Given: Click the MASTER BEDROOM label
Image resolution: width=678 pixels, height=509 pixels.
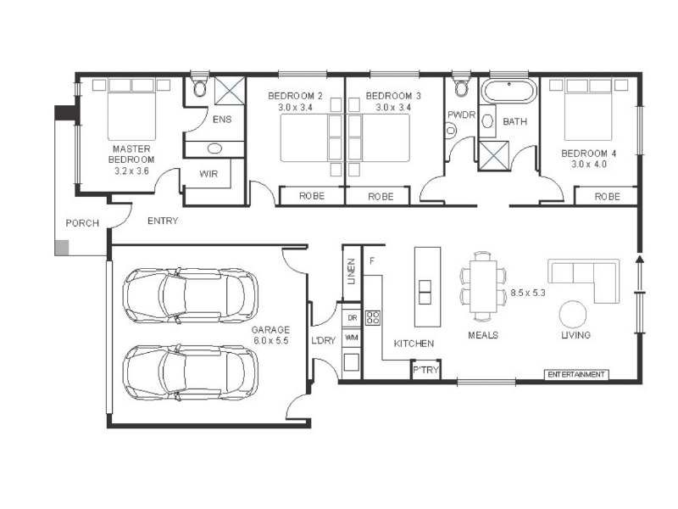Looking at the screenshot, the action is pyautogui.click(x=131, y=154).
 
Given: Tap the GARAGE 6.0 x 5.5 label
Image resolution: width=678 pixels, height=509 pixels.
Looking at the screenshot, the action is pyautogui.click(x=270, y=335).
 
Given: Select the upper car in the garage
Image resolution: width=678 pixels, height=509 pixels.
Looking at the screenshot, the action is pyautogui.click(x=190, y=295).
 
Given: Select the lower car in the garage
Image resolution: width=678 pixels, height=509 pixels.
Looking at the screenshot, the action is pyautogui.click(x=190, y=372).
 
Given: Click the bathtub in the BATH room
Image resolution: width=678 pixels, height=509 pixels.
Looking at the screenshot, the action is pyautogui.click(x=509, y=92).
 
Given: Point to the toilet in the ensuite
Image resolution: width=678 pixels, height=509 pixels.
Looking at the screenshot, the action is pyautogui.click(x=200, y=87).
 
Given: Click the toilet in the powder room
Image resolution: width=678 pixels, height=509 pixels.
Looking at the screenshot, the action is pyautogui.click(x=461, y=87).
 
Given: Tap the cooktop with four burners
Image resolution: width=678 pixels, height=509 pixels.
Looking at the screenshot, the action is pyautogui.click(x=373, y=317).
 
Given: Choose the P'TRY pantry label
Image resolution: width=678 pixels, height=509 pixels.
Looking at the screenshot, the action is pyautogui.click(x=426, y=370).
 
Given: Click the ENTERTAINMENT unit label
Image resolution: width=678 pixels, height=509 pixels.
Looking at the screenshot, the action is pyautogui.click(x=576, y=374).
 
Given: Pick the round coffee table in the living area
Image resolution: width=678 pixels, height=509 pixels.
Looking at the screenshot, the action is pyautogui.click(x=573, y=315).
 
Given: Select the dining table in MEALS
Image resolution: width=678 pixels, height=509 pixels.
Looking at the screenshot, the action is pyautogui.click(x=483, y=286).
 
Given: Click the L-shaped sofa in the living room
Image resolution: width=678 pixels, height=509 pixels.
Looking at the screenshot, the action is pyautogui.click(x=584, y=280).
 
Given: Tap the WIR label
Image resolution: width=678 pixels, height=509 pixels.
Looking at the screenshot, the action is pyautogui.click(x=208, y=174).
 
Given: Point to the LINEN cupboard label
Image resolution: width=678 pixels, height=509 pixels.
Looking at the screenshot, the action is pyautogui.click(x=352, y=271).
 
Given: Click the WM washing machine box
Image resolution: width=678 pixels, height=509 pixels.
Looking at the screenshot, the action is pyautogui.click(x=352, y=338).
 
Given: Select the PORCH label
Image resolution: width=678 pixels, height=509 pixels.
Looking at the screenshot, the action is pyautogui.click(x=82, y=223).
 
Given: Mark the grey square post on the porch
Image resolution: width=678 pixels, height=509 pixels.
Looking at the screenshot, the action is pyautogui.click(x=62, y=248).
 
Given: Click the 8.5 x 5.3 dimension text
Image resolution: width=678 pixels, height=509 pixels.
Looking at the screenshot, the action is pyautogui.click(x=528, y=293).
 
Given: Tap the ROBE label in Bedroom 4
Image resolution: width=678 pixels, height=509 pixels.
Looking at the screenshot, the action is pyautogui.click(x=607, y=197).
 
